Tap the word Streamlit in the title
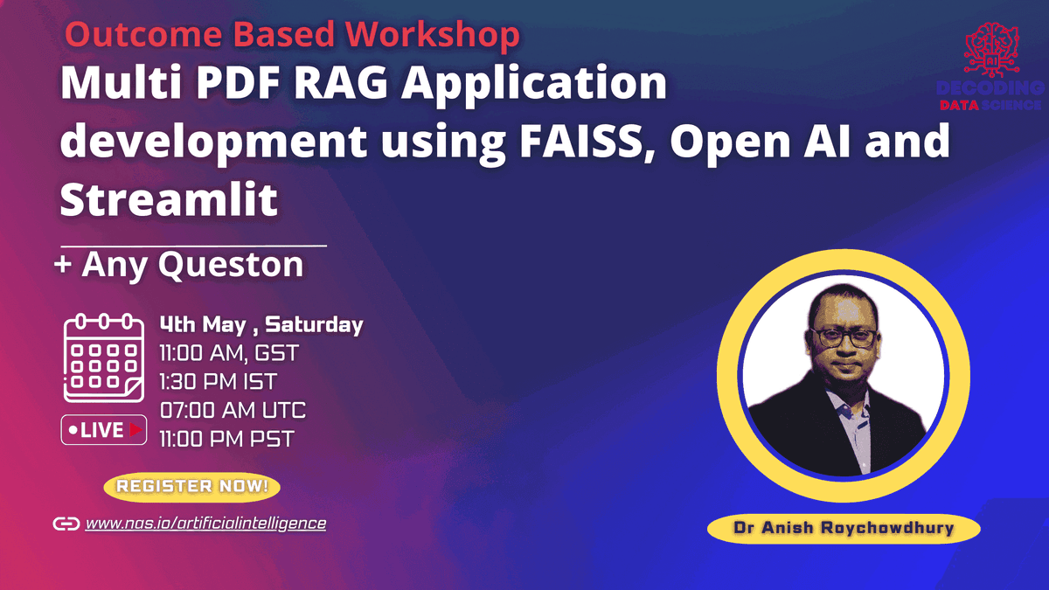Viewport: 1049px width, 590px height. point(169,199)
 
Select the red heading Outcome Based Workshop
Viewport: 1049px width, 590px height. point(292,35)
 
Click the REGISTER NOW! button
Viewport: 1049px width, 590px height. point(192,485)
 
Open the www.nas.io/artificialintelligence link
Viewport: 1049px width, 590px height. point(205,524)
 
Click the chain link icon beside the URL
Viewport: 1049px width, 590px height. point(66,524)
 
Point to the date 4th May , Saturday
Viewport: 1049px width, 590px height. point(261,325)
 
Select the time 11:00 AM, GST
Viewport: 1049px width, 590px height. point(228,354)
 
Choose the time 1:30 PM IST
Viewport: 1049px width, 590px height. point(217,382)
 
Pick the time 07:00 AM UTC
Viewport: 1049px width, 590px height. point(232,410)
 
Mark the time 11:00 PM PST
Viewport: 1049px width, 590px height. point(226,438)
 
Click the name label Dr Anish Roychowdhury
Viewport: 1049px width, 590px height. point(843,528)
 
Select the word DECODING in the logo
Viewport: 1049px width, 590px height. point(989,88)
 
